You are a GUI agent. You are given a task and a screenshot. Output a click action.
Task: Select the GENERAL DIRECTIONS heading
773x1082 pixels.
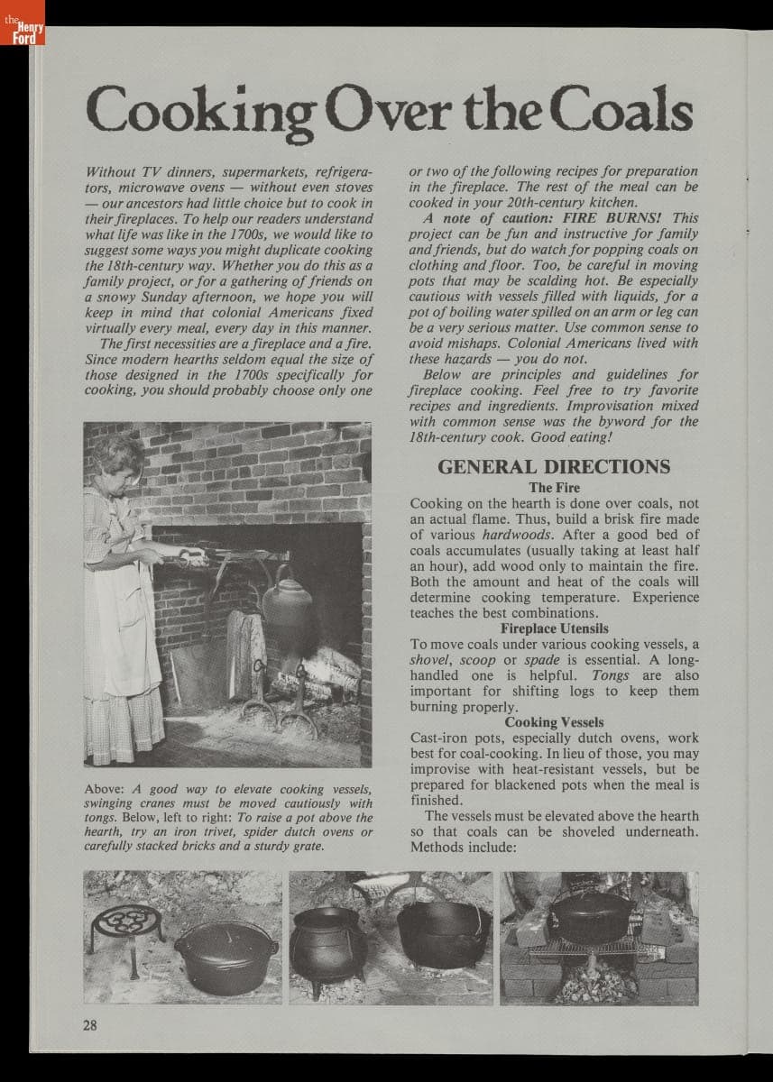click(554, 467)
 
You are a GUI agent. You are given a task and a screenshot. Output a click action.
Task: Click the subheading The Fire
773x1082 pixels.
click(554, 488)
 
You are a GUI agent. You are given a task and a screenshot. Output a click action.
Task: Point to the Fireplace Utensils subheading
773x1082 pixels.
click(554, 628)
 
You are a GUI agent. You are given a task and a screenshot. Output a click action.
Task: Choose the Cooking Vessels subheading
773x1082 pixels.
click(554, 722)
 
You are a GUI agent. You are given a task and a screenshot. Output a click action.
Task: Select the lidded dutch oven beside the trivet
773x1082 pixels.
click(225, 956)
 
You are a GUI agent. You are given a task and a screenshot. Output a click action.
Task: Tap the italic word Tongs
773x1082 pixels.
click(611, 675)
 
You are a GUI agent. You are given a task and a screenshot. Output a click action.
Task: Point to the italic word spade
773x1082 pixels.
click(542, 660)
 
